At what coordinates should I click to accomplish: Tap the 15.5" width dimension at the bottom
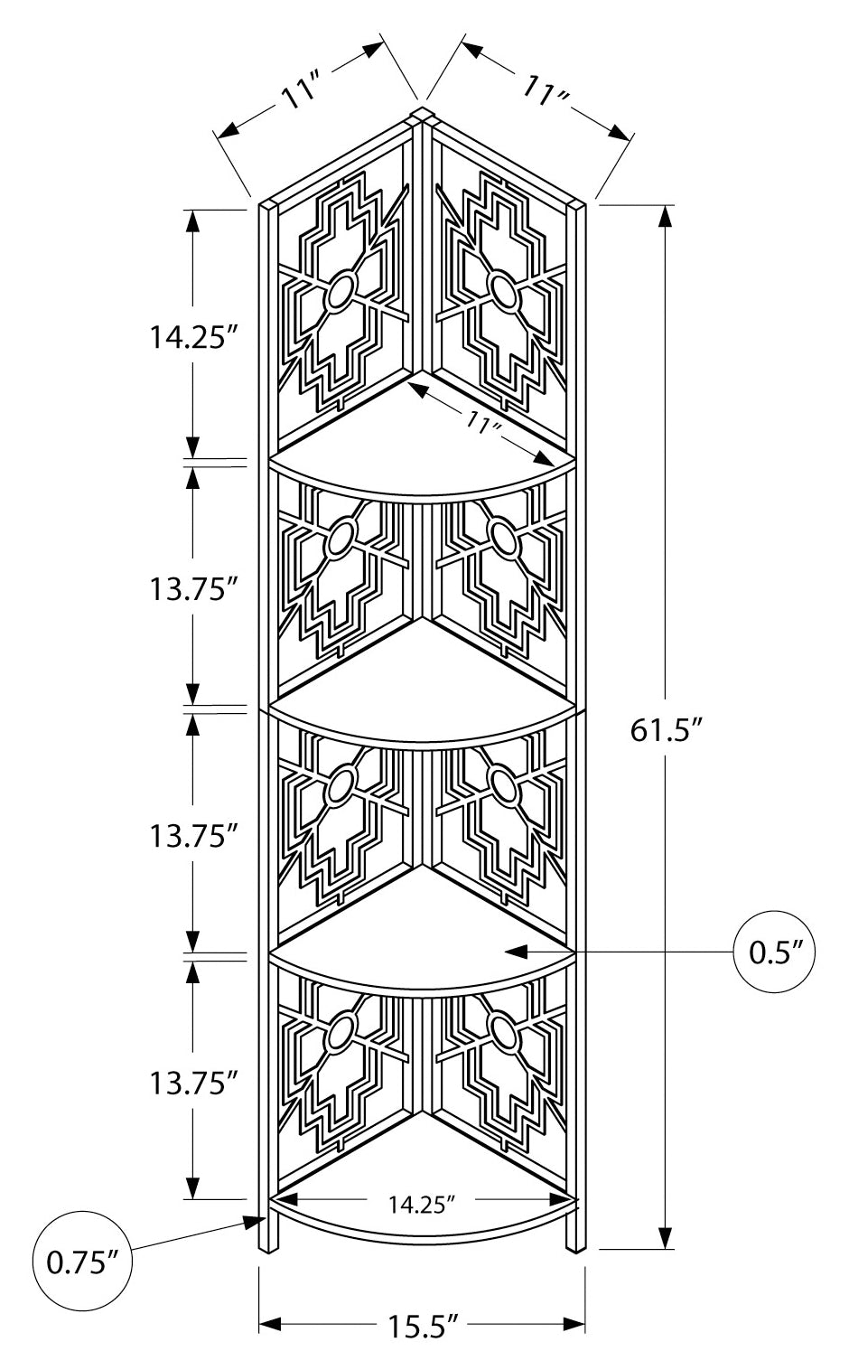click(x=422, y=1327)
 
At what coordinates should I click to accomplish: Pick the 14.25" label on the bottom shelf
click(x=421, y=1203)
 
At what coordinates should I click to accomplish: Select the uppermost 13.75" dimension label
click(x=193, y=588)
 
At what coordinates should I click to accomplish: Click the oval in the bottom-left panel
click(x=340, y=1034)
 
